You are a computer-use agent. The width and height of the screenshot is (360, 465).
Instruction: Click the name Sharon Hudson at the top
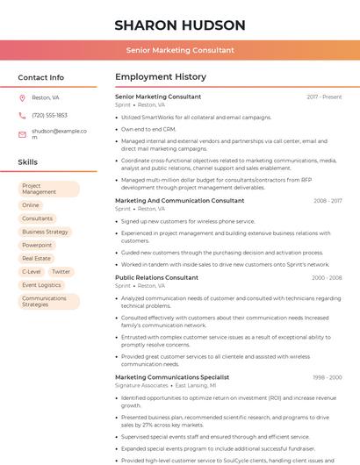coord(179,25)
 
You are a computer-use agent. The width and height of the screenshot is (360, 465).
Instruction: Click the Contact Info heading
coord(40,77)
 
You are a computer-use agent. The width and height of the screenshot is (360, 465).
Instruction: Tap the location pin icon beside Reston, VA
coord(22,97)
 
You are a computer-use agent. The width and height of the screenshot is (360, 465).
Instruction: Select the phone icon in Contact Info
coord(22,115)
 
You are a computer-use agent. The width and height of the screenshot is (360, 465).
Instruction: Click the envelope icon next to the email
coord(22,133)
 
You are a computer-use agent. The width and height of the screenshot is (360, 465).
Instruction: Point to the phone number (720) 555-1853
coord(49,115)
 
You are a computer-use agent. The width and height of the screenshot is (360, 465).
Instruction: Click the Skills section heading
coord(28,162)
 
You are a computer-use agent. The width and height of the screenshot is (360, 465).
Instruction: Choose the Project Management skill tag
coord(48,189)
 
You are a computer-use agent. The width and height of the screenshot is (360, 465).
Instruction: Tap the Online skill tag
coord(31,204)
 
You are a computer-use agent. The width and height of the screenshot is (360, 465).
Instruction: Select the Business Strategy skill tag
coord(45,232)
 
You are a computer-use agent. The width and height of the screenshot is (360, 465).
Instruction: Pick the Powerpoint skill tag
coord(37,245)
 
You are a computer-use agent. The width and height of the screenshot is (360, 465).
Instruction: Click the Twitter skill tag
coord(61,272)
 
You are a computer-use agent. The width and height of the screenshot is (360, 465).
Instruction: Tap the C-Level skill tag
coord(32,272)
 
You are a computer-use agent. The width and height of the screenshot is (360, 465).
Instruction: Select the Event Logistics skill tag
coord(41,285)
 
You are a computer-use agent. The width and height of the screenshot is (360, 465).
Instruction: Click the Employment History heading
coord(161,77)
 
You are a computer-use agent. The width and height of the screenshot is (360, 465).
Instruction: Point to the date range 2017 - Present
coord(324,97)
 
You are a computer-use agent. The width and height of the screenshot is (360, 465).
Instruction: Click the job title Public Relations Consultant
coord(156,277)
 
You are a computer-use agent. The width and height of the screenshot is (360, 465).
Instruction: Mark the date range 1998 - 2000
coord(327,377)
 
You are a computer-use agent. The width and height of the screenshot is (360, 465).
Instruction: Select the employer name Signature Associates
coord(141,385)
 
